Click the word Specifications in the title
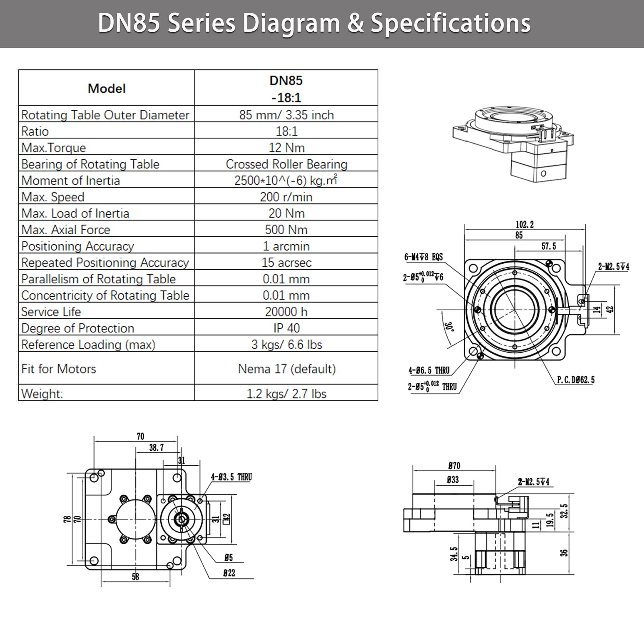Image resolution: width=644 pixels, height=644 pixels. (450, 24)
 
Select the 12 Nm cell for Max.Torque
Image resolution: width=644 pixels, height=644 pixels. (286, 147)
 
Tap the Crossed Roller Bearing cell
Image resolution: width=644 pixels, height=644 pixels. (286, 164)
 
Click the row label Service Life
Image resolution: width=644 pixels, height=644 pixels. (51, 312)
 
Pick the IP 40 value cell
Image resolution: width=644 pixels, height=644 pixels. (286, 328)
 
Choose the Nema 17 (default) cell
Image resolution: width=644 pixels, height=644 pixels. (287, 369)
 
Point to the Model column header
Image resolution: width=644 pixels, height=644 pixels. (107, 88)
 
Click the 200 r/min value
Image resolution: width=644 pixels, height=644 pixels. (286, 197)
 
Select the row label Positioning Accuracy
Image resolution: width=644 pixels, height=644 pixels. (78, 246)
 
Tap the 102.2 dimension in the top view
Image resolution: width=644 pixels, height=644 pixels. (524, 225)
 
